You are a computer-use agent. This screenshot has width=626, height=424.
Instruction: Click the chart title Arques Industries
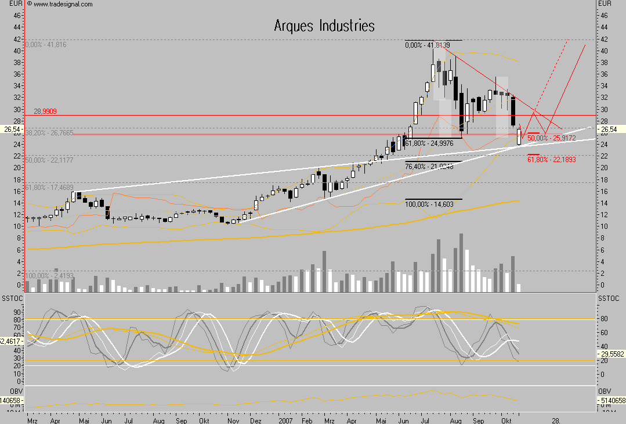click(324, 26)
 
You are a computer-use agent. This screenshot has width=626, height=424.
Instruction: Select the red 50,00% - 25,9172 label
click(551, 138)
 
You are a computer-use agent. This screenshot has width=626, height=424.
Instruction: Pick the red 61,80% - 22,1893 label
click(551, 159)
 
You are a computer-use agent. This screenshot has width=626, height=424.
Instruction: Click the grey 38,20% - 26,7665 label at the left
click(49, 133)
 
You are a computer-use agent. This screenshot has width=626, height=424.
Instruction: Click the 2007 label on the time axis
click(286, 419)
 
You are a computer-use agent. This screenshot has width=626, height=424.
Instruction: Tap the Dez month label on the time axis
click(255, 419)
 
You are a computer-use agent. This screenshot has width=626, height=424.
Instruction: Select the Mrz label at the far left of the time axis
click(33, 419)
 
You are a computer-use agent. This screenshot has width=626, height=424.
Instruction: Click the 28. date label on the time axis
click(556, 419)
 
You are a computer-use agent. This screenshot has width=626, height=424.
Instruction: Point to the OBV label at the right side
click(605, 391)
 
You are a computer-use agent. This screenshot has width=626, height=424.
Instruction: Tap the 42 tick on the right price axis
click(603, 39)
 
